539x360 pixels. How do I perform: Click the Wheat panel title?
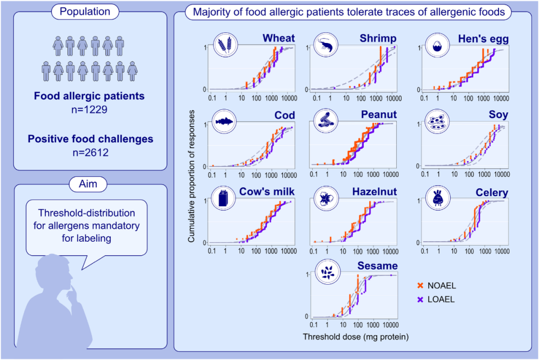[279, 38]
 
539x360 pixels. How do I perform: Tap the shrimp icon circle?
[327, 45]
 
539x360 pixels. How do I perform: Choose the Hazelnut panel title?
[374, 192]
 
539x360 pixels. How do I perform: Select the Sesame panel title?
[377, 266]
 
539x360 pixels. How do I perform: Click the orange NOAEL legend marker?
[420, 286]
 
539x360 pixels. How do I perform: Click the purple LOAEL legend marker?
[420, 300]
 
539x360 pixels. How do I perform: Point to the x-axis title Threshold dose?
[356, 337]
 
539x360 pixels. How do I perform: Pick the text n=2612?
[90, 153]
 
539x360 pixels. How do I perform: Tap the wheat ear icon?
[226, 45]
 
